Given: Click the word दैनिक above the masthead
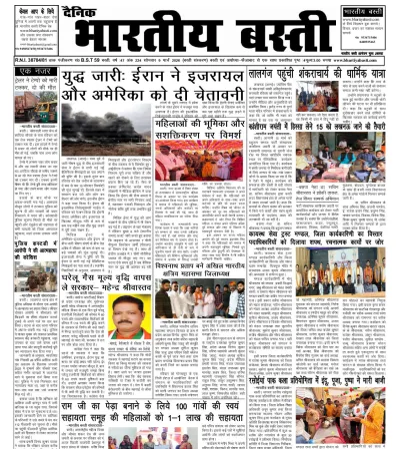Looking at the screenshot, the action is (94, 15).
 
